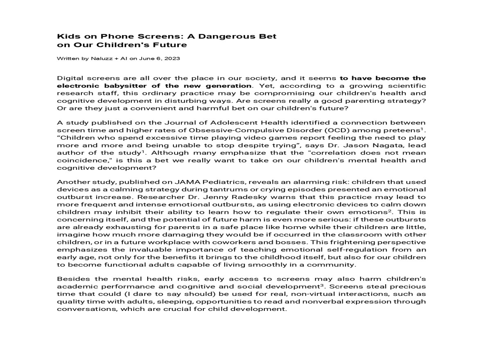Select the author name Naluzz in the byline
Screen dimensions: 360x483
[x=102, y=59]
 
